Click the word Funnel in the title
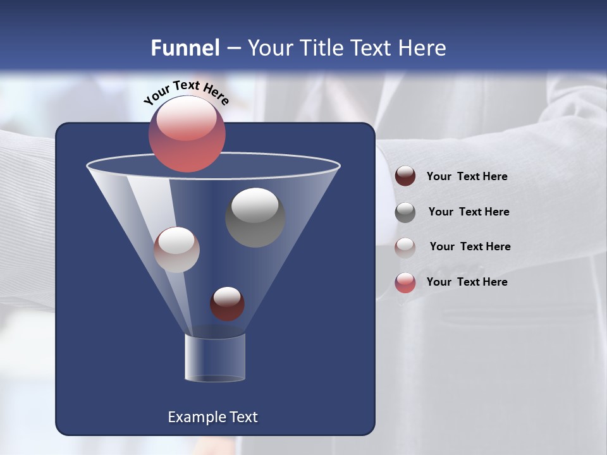point(185,48)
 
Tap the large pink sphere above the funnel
point(187,134)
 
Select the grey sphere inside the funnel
point(255,217)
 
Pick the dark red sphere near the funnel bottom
point(227,303)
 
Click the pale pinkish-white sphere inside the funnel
point(176,250)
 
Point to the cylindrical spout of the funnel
point(215,358)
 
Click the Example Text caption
point(213,417)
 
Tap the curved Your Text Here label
point(186,92)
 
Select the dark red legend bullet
point(405,176)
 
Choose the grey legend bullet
point(405,212)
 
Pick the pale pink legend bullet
point(405,247)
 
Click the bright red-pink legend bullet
point(405,282)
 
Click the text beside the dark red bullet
point(467,176)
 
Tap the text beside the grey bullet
point(469,212)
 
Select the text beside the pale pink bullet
point(470,246)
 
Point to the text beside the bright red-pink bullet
point(467,282)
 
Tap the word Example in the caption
point(192,417)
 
